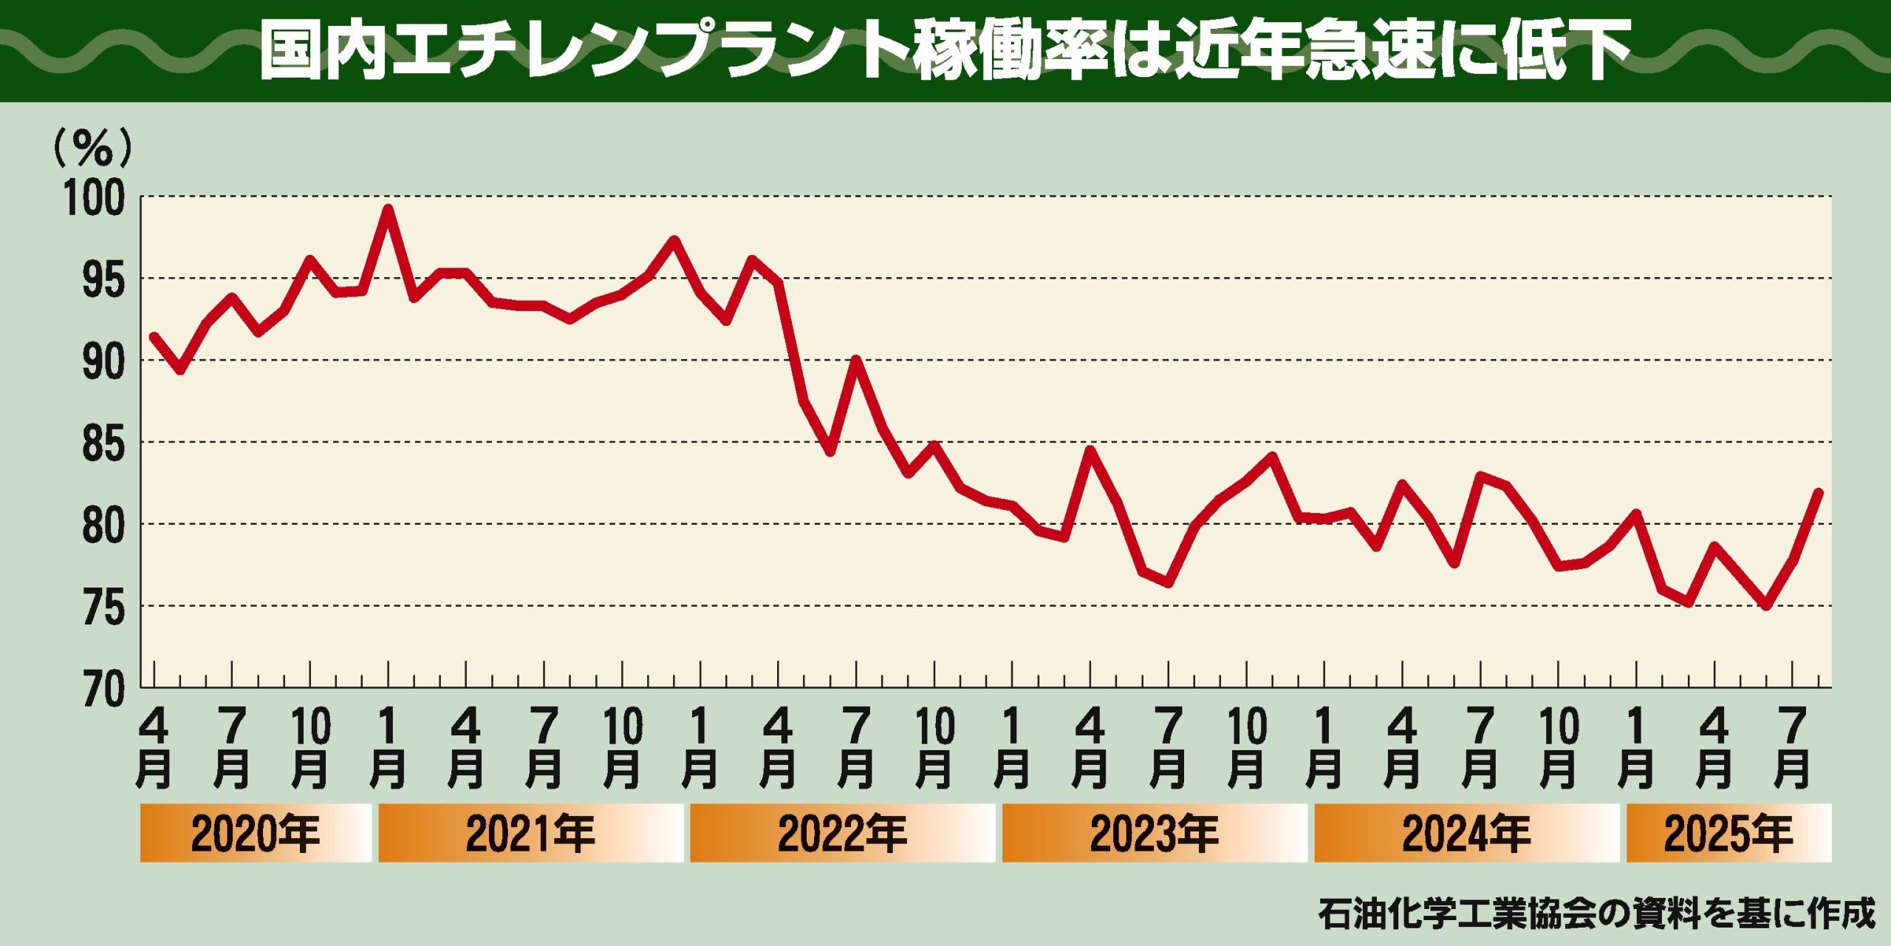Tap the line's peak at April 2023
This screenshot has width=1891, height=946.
click(x=1090, y=450)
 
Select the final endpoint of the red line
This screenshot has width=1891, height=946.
click(x=1819, y=493)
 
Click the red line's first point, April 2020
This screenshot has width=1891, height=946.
click(x=154, y=336)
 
